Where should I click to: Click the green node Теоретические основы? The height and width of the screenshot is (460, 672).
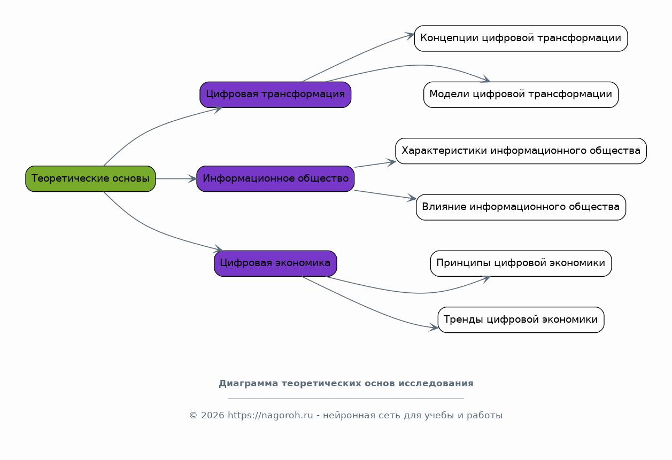coord(90,179)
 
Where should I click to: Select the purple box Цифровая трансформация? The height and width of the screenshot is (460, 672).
coord(275,95)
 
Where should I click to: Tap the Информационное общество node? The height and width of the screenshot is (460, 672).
coord(275,179)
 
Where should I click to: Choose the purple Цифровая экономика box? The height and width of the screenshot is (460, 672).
coord(275,263)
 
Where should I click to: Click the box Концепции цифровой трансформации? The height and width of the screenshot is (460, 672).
coord(521,38)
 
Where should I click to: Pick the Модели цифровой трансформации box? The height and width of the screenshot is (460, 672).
coord(521,95)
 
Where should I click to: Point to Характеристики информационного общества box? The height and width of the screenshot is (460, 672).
coord(521,151)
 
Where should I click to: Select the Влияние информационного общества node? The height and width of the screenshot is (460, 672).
coord(521,207)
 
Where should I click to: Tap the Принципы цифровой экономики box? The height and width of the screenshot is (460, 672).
coord(521,263)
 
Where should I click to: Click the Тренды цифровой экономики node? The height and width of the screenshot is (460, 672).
coord(521,319)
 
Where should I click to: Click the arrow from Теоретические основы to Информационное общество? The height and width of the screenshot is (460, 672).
coord(176,179)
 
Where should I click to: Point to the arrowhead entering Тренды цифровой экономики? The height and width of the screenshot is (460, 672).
coord(434,327)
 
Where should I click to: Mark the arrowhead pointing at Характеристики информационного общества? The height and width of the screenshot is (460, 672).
coord(391,162)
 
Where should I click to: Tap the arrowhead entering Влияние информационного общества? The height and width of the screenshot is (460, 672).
coord(412,198)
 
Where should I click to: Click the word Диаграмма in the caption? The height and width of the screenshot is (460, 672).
coord(249,384)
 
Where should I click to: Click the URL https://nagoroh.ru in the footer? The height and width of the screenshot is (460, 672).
coord(271,415)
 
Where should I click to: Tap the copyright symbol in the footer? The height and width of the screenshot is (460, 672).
coord(193,416)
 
